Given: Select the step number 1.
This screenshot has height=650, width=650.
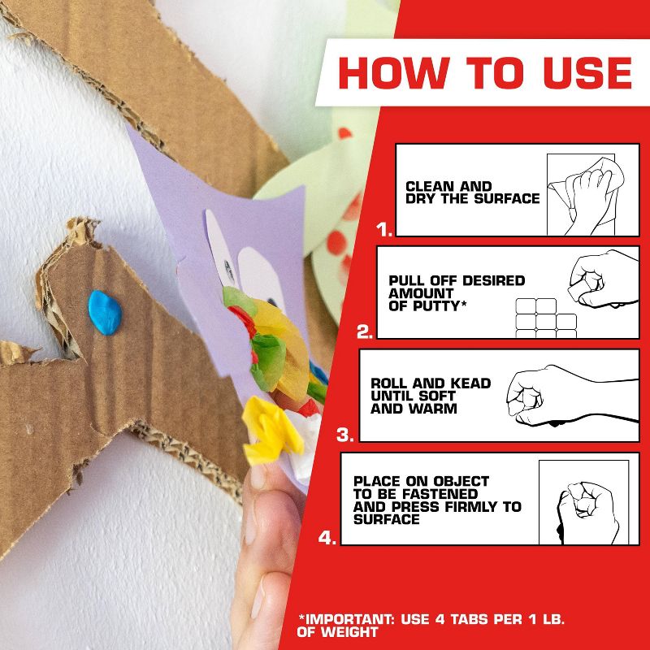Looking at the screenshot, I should (384, 230).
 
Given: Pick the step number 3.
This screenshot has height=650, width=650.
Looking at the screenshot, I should (345, 435).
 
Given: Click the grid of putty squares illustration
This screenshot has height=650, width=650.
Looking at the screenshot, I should (545, 318).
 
